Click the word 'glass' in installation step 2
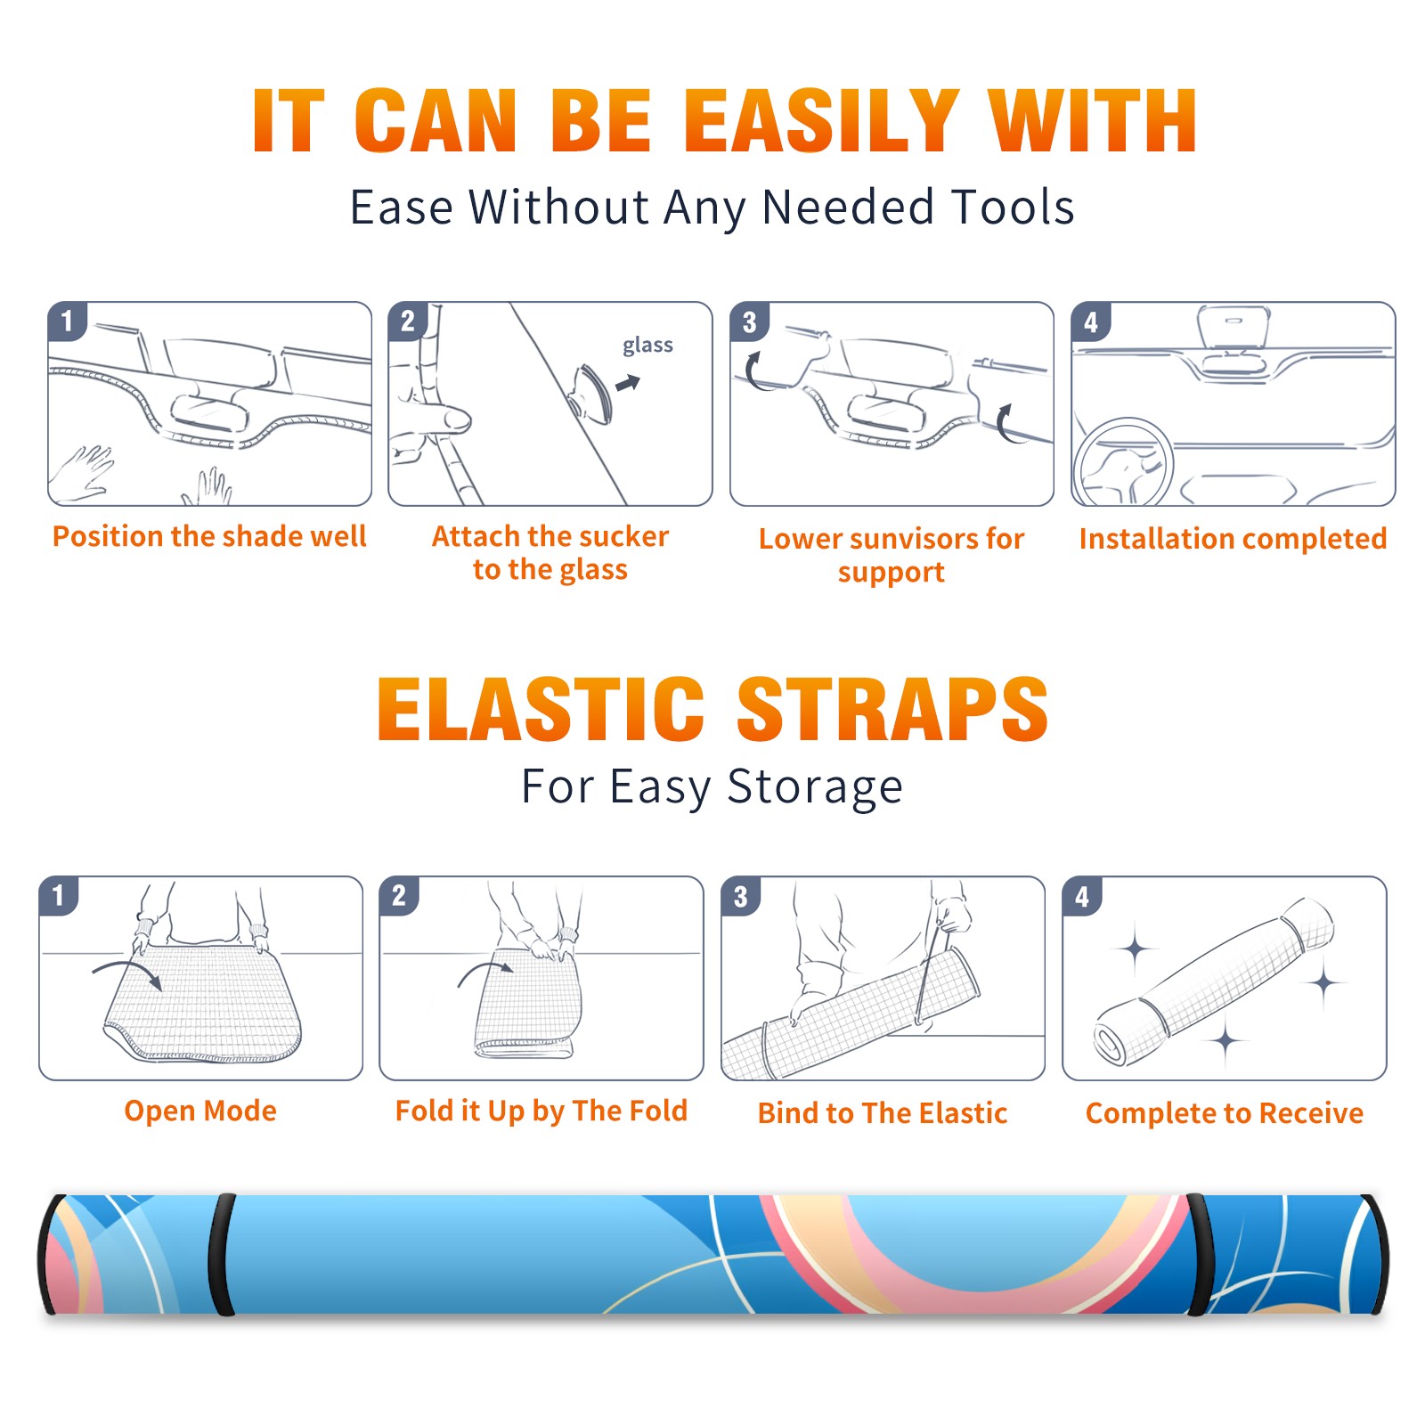click(x=647, y=346)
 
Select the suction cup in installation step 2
click(x=590, y=394)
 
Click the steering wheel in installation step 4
click(x=1122, y=461)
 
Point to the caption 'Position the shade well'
click(x=209, y=536)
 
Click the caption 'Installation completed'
click(x=1233, y=539)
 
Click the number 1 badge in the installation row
click(x=67, y=320)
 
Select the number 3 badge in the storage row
click(x=740, y=895)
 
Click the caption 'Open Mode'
click(x=200, y=1111)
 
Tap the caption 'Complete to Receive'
click(x=1225, y=1113)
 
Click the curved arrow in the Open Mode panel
click(x=126, y=971)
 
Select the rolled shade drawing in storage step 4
click(x=1214, y=982)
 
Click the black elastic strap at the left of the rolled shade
click(x=221, y=1255)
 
